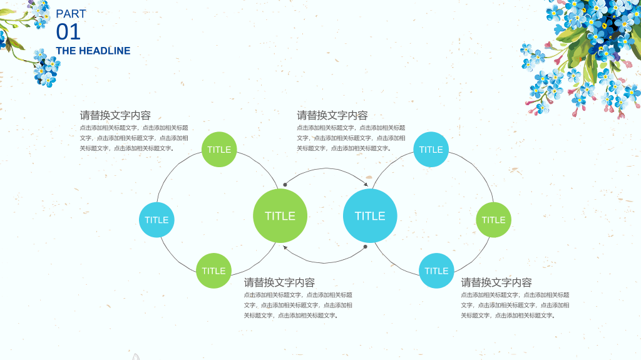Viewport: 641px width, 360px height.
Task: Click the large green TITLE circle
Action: point(280,215)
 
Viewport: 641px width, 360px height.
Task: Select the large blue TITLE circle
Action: point(370,215)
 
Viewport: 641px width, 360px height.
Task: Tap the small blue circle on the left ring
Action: point(156,220)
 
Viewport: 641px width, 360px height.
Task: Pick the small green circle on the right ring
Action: point(493,220)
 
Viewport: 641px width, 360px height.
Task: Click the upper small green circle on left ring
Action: point(219,149)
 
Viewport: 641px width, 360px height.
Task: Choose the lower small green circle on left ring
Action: point(214,271)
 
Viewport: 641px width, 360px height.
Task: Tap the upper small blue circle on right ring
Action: point(431,149)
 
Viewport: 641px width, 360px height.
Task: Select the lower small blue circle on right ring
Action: point(436,271)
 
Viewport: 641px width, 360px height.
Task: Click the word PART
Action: point(71,14)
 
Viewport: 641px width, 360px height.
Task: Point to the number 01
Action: point(68,32)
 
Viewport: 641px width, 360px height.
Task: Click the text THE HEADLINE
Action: point(93,51)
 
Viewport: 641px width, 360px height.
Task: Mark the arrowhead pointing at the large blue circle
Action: point(366,185)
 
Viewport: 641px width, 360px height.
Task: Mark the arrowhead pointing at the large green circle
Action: point(285,247)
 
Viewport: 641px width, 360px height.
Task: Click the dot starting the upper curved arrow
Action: point(285,185)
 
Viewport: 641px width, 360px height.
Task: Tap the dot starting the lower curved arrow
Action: point(366,247)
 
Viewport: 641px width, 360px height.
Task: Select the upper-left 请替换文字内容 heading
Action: point(115,115)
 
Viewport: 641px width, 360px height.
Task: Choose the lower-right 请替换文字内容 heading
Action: point(496,282)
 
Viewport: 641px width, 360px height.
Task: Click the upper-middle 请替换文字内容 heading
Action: point(332,115)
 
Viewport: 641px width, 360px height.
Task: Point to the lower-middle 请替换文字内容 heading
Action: point(279,282)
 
